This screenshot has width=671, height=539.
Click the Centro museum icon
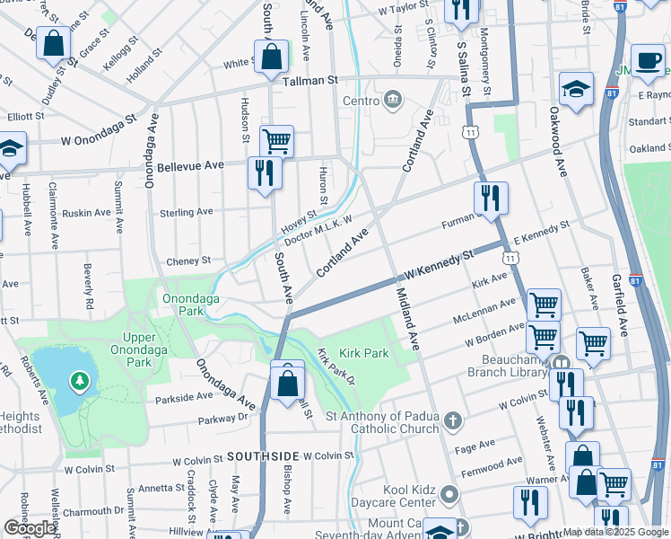pyautogui.click(x=393, y=99)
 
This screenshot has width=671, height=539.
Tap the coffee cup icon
pyautogui.click(x=647, y=60)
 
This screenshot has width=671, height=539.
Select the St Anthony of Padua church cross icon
pyautogui.click(x=454, y=418)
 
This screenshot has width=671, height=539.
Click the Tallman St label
pyautogui.click(x=309, y=80)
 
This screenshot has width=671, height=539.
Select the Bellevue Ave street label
pyautogui.click(x=189, y=166)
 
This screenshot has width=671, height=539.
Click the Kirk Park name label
pyautogui.click(x=364, y=353)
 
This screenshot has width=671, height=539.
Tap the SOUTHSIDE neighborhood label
pyautogui.click(x=262, y=456)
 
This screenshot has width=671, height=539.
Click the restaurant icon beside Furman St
pyautogui.click(x=491, y=198)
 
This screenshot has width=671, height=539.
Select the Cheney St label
pyautogui.click(x=188, y=261)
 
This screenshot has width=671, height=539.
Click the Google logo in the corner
pyautogui.click(x=30, y=528)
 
